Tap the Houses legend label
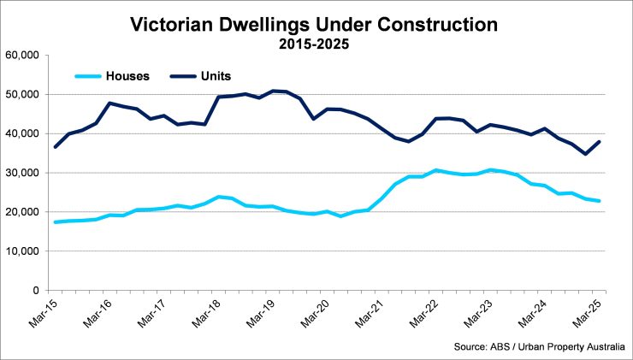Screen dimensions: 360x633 127,75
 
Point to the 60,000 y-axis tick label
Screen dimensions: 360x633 26,55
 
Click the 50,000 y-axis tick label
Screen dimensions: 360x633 26,94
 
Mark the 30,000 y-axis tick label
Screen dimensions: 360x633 26,173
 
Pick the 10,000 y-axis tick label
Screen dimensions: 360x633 26,251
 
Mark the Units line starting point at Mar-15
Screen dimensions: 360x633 55,147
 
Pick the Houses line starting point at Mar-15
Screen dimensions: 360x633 55,222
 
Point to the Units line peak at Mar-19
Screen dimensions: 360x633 273,91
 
